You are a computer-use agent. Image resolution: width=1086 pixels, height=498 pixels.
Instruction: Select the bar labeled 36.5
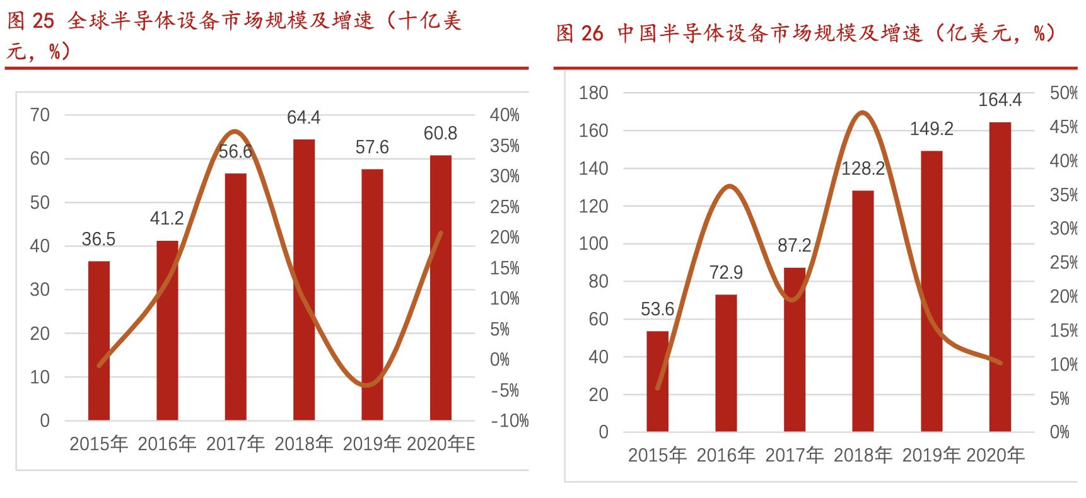[x=99, y=340]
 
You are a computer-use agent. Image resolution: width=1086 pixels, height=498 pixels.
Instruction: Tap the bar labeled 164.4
[x=1000, y=277]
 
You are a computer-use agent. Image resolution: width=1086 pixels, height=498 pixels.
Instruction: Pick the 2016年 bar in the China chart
[x=726, y=363]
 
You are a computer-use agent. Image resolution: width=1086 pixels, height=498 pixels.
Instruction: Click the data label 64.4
[x=304, y=118]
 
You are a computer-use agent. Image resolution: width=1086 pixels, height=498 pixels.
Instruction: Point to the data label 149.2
[x=931, y=129]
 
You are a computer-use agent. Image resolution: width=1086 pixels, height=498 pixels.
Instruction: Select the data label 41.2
[x=167, y=219]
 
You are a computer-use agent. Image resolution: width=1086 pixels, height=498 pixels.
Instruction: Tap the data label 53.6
[x=658, y=310]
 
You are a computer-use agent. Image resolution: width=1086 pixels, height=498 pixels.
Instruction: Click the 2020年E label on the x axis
[x=440, y=444]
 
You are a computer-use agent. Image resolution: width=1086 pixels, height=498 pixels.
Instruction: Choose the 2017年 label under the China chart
[x=794, y=455]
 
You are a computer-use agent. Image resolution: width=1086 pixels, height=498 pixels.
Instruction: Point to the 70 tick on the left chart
[x=40, y=115]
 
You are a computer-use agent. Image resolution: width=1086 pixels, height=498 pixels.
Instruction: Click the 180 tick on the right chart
[x=593, y=93]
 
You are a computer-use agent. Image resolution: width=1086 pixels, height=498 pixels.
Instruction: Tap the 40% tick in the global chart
[x=505, y=115]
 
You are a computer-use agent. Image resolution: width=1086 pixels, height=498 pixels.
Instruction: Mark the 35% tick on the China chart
[x=1063, y=195]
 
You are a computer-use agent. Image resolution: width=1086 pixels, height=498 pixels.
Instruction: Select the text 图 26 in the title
[x=580, y=33]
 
